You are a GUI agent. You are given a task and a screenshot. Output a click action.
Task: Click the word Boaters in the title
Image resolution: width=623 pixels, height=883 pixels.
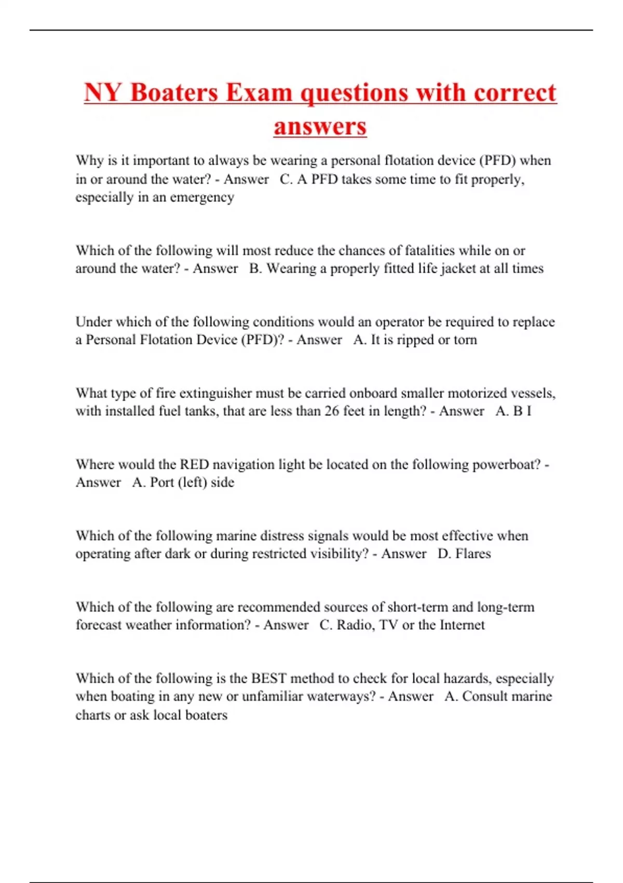(174, 93)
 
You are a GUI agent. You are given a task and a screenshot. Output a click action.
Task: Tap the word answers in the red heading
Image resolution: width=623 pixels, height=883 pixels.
(320, 126)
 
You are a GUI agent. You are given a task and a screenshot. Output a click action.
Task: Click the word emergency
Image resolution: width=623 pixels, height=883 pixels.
(202, 198)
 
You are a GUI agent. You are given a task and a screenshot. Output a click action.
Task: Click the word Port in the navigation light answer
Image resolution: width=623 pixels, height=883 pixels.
(161, 483)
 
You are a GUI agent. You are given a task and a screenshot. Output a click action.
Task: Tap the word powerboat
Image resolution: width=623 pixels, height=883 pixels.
(506, 464)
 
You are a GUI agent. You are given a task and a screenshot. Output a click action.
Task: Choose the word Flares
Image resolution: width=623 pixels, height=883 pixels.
(472, 554)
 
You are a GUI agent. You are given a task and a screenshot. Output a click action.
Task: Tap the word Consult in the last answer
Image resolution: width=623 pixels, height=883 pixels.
(485, 697)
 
